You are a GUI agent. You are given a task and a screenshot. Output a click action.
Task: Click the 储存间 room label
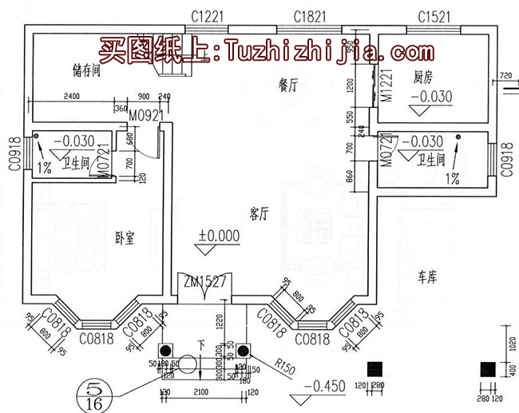(85, 70)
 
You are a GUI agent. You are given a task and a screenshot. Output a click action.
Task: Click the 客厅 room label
(257, 214)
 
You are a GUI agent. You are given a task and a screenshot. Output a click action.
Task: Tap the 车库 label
(428, 277)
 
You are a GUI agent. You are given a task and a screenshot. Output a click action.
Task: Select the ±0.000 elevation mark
(219, 236)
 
